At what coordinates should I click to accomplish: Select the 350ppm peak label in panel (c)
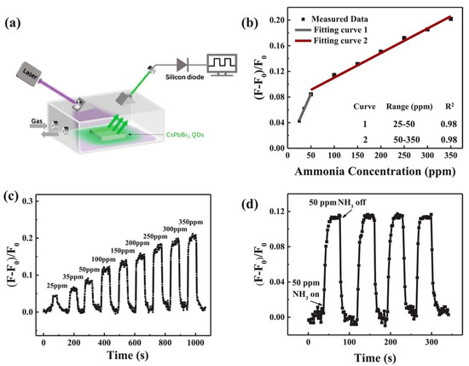click(194, 221)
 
